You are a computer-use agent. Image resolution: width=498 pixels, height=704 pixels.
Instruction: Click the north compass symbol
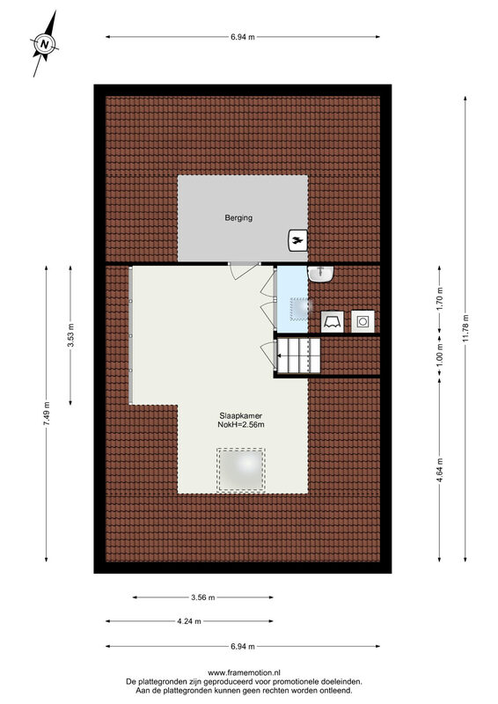pyautogui.click(x=45, y=44)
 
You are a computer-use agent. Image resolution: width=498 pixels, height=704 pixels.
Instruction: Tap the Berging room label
pyautogui.click(x=238, y=217)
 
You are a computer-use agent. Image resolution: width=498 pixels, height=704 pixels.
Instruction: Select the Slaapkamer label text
pyautogui.click(x=241, y=415)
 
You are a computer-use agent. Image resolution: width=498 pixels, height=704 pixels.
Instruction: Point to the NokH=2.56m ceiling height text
pyautogui.click(x=241, y=425)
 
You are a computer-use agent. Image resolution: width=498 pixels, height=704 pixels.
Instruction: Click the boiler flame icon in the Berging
pyautogui.click(x=297, y=240)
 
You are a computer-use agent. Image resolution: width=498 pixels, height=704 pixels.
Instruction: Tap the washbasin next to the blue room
pyautogui.click(x=320, y=274)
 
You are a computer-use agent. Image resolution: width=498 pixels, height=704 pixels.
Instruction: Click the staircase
pyautogui.click(x=298, y=356)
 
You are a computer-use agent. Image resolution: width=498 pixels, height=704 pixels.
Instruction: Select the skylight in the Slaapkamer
pyautogui.click(x=241, y=470)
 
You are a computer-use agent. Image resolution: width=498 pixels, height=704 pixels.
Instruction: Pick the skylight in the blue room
pyautogui.click(x=300, y=309)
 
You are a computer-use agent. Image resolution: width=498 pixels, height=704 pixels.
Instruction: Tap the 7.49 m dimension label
pyautogui.click(x=47, y=414)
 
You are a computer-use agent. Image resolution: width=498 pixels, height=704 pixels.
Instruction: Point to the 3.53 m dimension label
pyautogui.click(x=70, y=335)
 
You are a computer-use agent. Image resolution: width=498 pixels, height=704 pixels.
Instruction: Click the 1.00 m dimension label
pyautogui.click(x=440, y=354)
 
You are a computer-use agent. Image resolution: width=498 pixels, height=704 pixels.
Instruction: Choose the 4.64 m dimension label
pyautogui.click(x=440, y=470)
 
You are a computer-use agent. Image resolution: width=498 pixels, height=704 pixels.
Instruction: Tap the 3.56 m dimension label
pyautogui.click(x=203, y=598)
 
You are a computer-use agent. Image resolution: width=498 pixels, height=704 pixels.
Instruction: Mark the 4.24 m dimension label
pyautogui.click(x=189, y=621)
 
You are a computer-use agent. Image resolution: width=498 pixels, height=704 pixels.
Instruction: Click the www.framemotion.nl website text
pyautogui.click(x=244, y=672)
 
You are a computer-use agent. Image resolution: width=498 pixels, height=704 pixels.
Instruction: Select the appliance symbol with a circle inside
pyautogui.click(x=363, y=321)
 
